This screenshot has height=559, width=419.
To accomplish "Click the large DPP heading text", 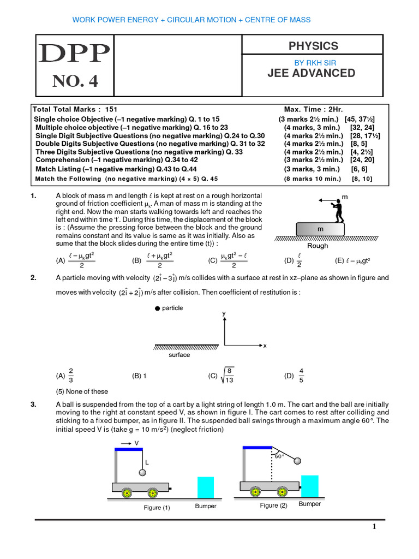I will (x=74, y=53).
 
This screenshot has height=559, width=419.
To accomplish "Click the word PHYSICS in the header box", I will (x=314, y=46).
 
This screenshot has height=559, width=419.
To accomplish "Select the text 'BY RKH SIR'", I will (x=314, y=63).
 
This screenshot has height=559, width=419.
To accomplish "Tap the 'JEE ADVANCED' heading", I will (x=312, y=73).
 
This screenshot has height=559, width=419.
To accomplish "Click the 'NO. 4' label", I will (x=75, y=81).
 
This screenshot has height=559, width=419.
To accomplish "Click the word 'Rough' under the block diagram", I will (x=318, y=246).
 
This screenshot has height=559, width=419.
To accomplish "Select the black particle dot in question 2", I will (x=158, y=308).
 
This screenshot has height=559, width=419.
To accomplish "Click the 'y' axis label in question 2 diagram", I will (x=224, y=313).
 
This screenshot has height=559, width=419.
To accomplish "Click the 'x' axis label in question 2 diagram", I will (x=265, y=346).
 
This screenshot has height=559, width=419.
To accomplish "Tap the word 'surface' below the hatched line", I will (x=179, y=355).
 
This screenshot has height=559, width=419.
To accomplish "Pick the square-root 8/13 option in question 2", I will (x=221, y=376).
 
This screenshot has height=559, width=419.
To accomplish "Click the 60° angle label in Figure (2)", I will (x=279, y=456).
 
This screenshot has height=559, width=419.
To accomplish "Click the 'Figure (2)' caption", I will (x=273, y=506).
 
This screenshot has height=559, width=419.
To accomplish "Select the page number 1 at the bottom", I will (x=374, y=527).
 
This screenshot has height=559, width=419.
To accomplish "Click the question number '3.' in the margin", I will (x=34, y=405).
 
